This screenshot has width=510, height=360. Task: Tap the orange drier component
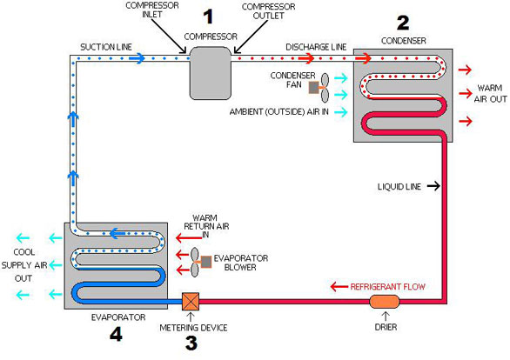click(384, 301)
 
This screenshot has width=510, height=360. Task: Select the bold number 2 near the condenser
click(402, 22)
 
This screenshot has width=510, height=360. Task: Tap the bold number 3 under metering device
click(191, 343)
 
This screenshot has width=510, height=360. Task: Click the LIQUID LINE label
click(399, 186)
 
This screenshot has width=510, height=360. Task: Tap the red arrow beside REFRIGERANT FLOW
click(338, 284)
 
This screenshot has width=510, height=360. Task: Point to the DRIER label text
click(384, 329)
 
